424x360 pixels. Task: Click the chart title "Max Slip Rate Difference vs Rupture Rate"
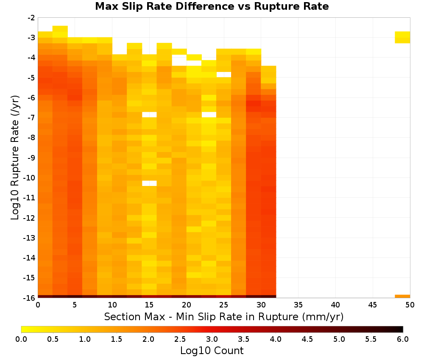tap(212, 6)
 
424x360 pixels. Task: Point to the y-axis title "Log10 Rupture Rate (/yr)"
tap(15, 158)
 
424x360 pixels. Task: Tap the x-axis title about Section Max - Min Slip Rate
tap(224, 317)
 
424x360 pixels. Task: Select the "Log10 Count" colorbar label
tap(212, 351)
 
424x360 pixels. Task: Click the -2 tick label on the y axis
tap(31, 18)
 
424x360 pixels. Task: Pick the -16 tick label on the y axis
tap(30, 298)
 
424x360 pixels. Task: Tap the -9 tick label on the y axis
tap(31, 158)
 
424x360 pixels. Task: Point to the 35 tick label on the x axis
tap(298, 305)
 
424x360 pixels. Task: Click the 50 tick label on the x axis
tap(410, 305)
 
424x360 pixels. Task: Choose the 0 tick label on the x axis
tap(38, 305)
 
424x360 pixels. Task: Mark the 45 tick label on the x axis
tap(373, 305)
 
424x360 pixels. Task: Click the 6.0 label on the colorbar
tap(403, 339)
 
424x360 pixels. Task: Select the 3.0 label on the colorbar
tap(212, 339)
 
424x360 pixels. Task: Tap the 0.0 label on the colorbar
tap(21, 339)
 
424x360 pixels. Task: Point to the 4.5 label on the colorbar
tap(307, 339)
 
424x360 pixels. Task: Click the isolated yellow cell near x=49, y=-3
tap(402, 37)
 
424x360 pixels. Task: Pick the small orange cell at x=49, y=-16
tap(402, 296)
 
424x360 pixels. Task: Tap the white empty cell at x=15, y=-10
tap(149, 183)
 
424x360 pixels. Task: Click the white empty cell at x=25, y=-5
tap(223, 75)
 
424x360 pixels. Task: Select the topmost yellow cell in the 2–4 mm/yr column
tap(60, 29)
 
